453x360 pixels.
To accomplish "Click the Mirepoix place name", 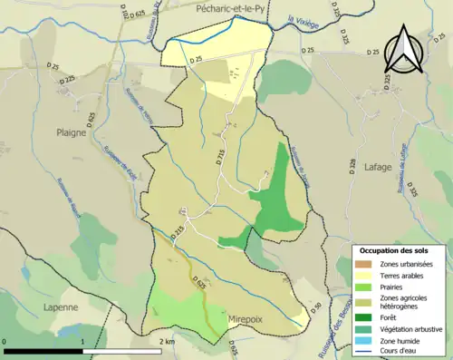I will point(251,320).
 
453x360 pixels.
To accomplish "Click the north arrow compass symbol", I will point(403,49).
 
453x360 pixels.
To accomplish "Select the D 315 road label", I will point(219,157).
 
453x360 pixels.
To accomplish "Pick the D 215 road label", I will point(178,232).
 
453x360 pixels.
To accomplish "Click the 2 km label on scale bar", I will point(167,342).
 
